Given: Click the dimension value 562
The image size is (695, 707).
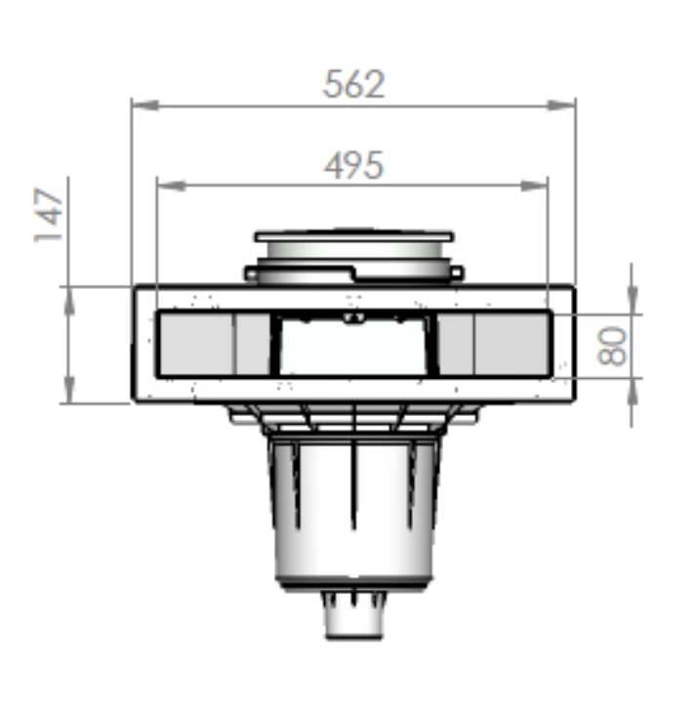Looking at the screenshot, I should pos(353,85).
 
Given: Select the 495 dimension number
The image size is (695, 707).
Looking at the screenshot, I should pos(353,165).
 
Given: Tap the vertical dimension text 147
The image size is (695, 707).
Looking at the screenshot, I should pos(49,216).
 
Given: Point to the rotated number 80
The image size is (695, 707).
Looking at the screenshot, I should pos(613,346).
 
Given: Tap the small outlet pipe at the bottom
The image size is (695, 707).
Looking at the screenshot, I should pos(353,620).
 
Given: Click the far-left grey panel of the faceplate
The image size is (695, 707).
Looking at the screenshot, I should pos(195,344).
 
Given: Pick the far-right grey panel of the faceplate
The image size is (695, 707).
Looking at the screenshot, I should pos(511,344).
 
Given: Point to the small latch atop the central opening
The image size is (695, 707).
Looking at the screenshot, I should pos(353,317).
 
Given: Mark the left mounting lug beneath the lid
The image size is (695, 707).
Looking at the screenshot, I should pos(252,274).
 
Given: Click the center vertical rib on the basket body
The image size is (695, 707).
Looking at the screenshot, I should pos(353,498).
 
